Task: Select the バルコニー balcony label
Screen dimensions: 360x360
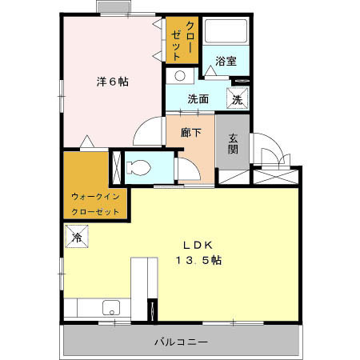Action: [x=182, y=342]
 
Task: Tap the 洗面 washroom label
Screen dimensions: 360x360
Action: [x=198, y=100]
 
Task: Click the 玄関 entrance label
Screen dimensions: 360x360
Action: [x=233, y=144]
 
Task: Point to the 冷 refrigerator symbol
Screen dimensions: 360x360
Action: [x=78, y=238]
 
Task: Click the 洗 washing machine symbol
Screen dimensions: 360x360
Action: [x=238, y=99]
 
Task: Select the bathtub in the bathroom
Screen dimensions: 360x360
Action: [x=226, y=32]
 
